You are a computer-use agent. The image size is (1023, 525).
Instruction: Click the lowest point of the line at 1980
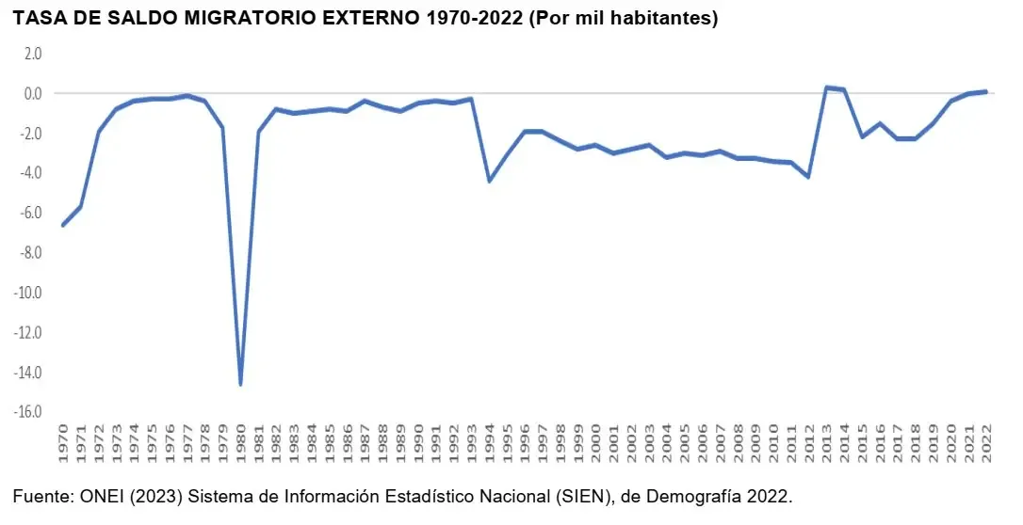click(241, 384)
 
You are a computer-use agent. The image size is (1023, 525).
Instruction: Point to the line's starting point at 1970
click(63, 226)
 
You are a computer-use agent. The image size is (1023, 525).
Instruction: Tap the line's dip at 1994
click(489, 181)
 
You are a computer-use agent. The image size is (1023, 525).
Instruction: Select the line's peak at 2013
click(827, 87)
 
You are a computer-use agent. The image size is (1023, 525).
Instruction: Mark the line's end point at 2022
click(986, 92)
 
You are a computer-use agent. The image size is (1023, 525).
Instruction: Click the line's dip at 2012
click(808, 177)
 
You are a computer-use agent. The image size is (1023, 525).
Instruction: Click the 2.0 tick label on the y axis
click(33, 54)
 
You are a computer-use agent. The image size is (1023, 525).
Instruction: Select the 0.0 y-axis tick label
click(33, 93)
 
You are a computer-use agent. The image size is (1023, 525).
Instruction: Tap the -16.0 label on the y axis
click(27, 412)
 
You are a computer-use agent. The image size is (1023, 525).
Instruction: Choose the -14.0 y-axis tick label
click(27, 372)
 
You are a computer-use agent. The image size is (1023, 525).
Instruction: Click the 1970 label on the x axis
click(63, 443)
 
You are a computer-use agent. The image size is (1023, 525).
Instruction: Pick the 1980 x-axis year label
click(241, 443)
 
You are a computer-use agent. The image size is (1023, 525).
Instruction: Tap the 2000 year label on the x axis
click(595, 443)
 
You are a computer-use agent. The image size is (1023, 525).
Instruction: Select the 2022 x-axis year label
click(986, 443)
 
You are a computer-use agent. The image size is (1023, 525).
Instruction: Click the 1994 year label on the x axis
click(489, 443)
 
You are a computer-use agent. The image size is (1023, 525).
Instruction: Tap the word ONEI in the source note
click(98, 498)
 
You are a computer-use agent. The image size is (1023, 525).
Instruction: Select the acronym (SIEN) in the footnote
click(585, 499)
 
